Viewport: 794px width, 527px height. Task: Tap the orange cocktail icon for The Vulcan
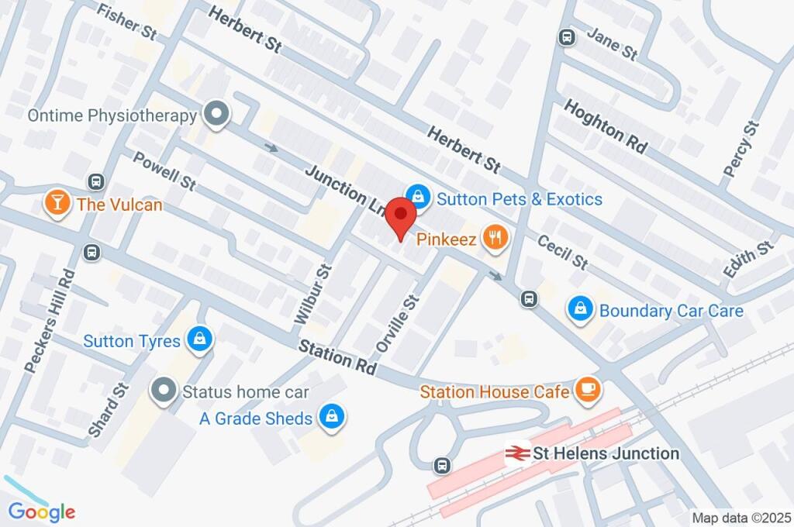pyautogui.click(x=56, y=204)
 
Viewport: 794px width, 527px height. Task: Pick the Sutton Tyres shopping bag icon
pyautogui.click(x=200, y=340)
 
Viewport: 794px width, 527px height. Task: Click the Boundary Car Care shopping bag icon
pyautogui.click(x=579, y=310)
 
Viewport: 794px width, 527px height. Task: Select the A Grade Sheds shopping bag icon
pyautogui.click(x=332, y=418)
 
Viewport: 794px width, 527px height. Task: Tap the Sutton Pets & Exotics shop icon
pyautogui.click(x=418, y=198)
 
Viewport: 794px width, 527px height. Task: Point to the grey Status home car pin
pyautogui.click(x=164, y=391)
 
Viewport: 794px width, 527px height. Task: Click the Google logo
pyautogui.click(x=42, y=511)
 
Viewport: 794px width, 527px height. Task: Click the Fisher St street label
pyautogui.click(x=128, y=21)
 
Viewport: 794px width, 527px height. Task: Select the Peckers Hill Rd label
pyautogui.click(x=48, y=321)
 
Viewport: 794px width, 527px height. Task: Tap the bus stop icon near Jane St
pyautogui.click(x=568, y=37)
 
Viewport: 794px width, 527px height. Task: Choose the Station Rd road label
pyautogui.click(x=338, y=356)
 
